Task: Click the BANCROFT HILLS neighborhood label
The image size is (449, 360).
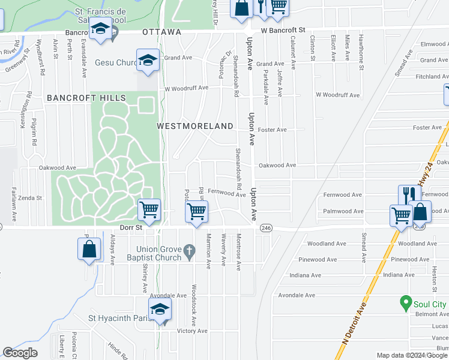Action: point(86,98)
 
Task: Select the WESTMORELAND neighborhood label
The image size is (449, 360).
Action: point(194,126)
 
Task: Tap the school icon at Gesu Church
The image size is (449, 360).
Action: point(148,60)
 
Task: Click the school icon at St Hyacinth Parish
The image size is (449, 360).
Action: point(160,309)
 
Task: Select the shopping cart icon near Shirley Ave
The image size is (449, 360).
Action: point(149,209)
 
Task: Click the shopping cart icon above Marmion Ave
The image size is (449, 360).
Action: point(196,211)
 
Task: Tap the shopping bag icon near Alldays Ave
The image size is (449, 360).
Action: point(89,248)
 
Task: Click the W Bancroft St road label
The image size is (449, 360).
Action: point(283,29)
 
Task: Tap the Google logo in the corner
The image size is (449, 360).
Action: point(20,353)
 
